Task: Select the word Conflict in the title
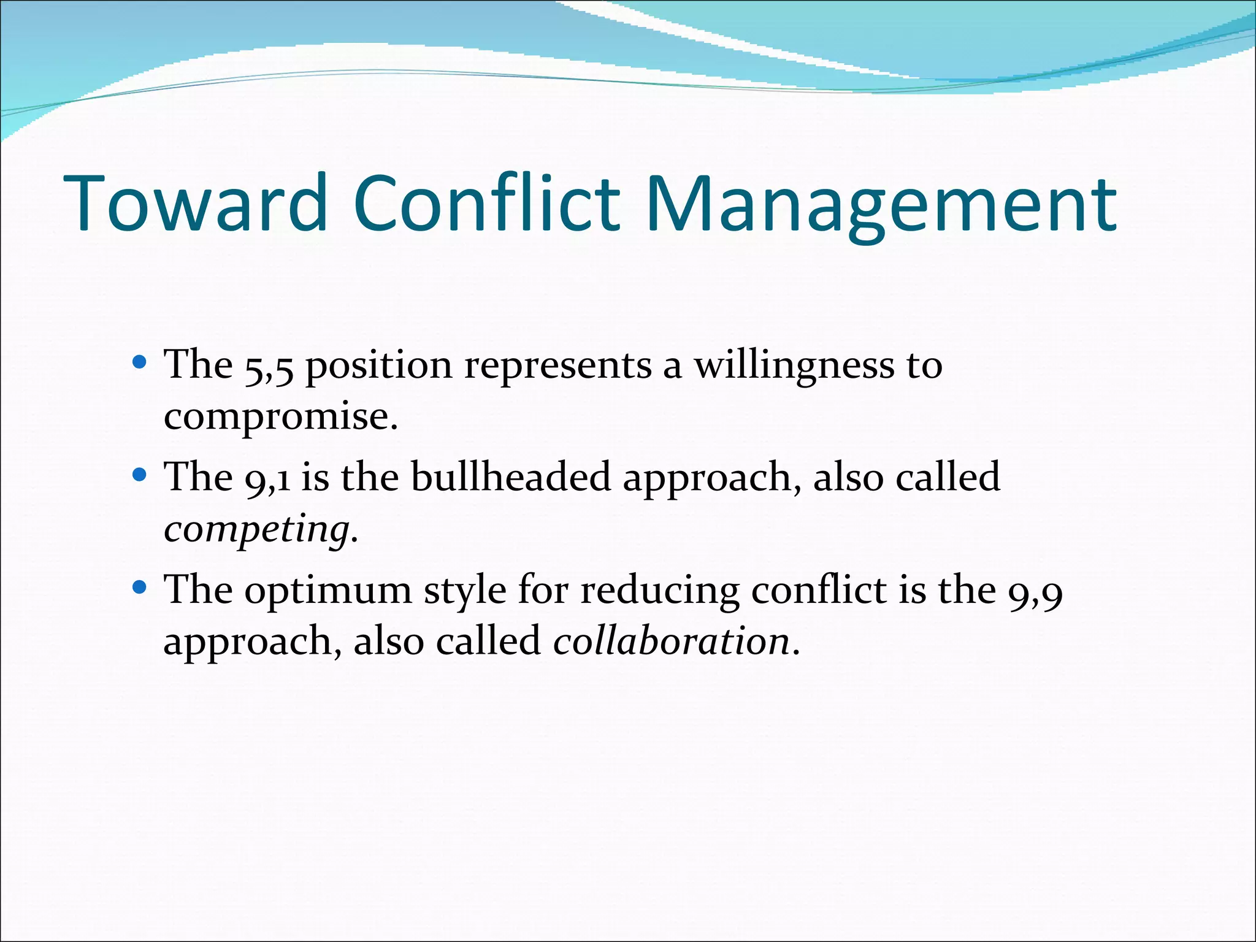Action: coord(486,204)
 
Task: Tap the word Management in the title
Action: coord(881,204)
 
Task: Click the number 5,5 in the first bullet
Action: coord(269,367)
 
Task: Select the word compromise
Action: coord(281,417)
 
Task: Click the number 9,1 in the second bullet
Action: coord(267,478)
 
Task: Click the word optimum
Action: coord(328,591)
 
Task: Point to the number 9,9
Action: coord(1035,592)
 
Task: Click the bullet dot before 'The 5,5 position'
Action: coord(140,362)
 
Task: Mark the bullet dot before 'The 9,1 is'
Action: coord(140,475)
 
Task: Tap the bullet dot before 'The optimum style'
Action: coord(140,588)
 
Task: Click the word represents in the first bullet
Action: coord(558,367)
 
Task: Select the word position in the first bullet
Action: coord(378,367)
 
